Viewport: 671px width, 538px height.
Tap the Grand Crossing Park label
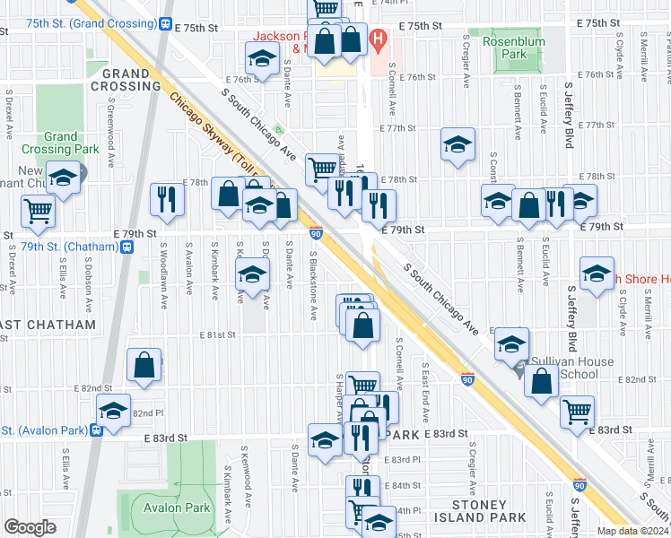pyautogui.click(x=61, y=143)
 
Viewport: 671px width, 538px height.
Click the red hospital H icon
pyautogui.click(x=379, y=39)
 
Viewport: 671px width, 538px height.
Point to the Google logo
pyautogui.click(x=30, y=527)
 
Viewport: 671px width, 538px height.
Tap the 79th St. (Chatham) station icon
pyautogui.click(x=129, y=247)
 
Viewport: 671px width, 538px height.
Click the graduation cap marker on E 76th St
pyautogui.click(x=262, y=60)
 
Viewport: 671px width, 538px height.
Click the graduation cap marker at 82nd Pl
pyautogui.click(x=113, y=410)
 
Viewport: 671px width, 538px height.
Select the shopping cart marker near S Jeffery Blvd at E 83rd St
pyautogui.click(x=577, y=412)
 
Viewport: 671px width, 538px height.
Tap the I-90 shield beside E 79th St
pyautogui.click(x=317, y=233)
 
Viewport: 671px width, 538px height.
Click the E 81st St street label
pyautogui.click(x=219, y=335)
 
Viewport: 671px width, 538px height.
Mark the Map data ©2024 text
pyautogui.click(x=632, y=531)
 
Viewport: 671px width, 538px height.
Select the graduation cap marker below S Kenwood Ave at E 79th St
pyautogui.click(x=253, y=274)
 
